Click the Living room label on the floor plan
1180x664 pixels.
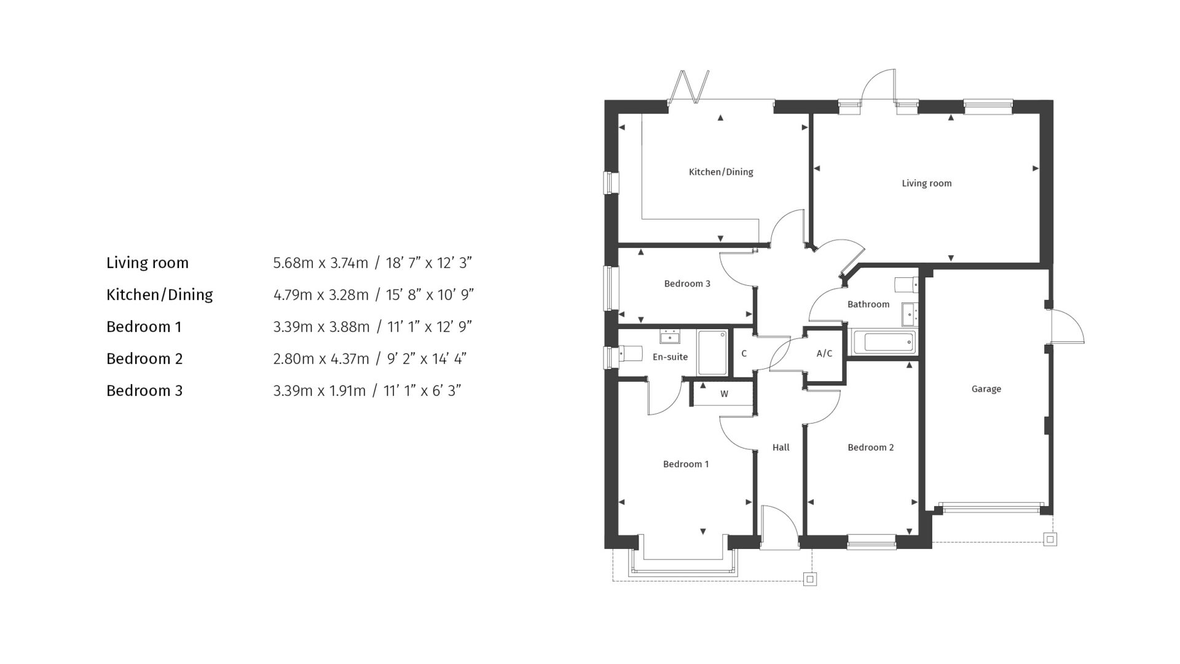(x=926, y=183)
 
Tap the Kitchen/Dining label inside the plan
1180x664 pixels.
(x=721, y=172)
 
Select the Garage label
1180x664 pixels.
(x=986, y=389)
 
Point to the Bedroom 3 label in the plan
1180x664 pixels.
(x=687, y=284)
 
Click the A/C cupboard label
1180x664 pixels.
(x=824, y=354)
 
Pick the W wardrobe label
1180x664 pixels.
(x=724, y=394)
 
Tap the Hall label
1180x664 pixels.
(x=781, y=448)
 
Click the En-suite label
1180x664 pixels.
(x=670, y=357)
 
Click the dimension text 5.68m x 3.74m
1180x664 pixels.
(x=320, y=263)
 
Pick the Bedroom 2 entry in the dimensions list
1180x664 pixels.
(x=144, y=359)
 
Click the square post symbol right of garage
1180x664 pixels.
(x=1050, y=540)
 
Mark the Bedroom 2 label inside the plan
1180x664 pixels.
(x=870, y=448)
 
